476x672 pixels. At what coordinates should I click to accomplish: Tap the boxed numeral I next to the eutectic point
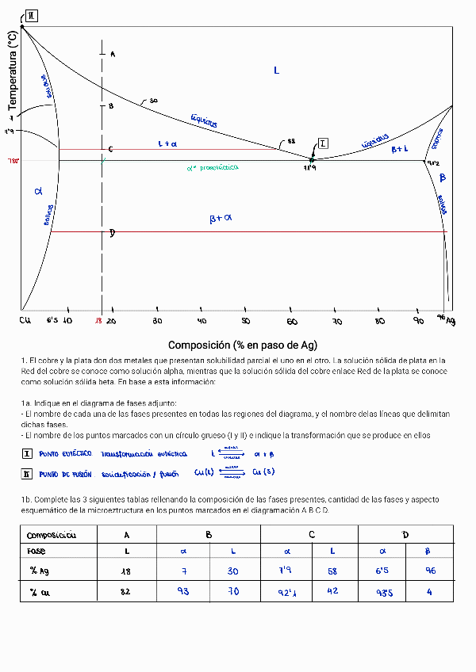pos(323,143)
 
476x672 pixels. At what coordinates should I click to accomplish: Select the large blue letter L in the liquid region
pos(276,71)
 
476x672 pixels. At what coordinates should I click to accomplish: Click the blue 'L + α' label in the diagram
pos(167,144)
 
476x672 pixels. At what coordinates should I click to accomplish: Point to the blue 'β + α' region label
pos(221,218)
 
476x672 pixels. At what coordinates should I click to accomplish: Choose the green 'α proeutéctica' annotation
pos(213,167)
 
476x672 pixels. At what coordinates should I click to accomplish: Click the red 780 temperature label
pos(13,160)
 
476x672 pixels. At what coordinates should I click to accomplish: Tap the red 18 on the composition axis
pos(98,321)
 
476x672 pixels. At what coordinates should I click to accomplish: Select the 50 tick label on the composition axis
pos(246,321)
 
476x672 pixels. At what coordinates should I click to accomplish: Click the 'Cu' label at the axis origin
pos(25,320)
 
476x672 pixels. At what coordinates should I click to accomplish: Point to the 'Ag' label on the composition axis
pos(451,321)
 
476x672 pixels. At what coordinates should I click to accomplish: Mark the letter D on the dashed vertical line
pos(113,233)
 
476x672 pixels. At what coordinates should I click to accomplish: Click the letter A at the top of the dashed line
pos(113,54)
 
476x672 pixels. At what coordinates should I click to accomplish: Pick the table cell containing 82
pos(127,590)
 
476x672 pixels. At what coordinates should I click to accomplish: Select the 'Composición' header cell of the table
pos(52,535)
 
